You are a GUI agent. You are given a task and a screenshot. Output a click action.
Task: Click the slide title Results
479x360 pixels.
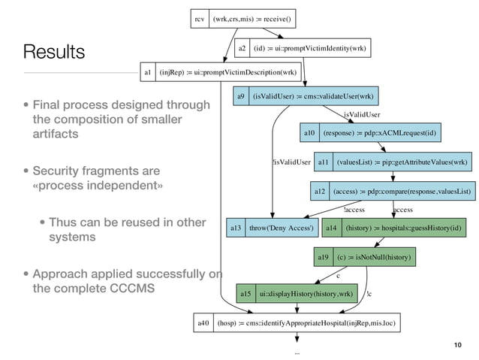click(54, 52)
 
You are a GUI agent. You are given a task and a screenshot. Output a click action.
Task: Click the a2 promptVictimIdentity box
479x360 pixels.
click(303, 49)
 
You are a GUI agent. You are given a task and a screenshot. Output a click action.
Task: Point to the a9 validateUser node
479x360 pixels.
click(305, 97)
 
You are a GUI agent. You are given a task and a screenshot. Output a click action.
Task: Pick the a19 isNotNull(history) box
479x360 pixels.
click(365, 257)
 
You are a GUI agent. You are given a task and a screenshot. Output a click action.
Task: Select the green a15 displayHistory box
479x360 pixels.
click(295, 292)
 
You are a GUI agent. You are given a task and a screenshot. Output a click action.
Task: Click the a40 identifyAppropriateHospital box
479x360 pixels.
click(297, 324)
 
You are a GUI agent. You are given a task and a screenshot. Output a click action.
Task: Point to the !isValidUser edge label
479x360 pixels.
click(291, 162)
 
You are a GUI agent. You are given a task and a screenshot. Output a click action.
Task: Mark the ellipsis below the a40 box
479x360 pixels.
click(297, 351)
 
